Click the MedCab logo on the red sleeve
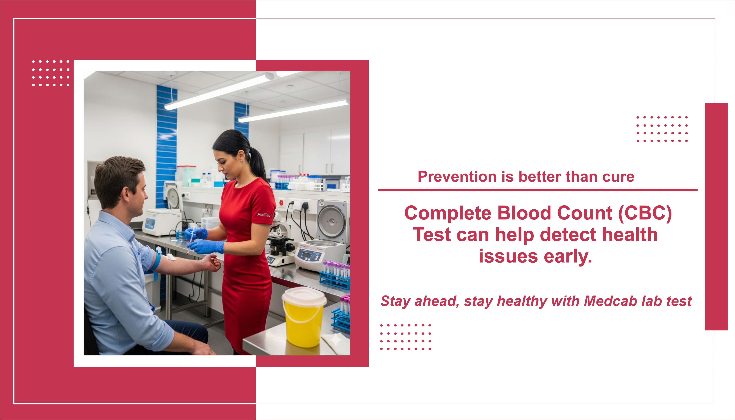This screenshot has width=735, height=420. tap(264, 215)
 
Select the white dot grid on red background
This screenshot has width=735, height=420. tap(51, 73)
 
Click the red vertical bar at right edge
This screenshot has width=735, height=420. tap(716, 216)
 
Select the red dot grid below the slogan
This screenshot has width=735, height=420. tap(405, 337)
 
